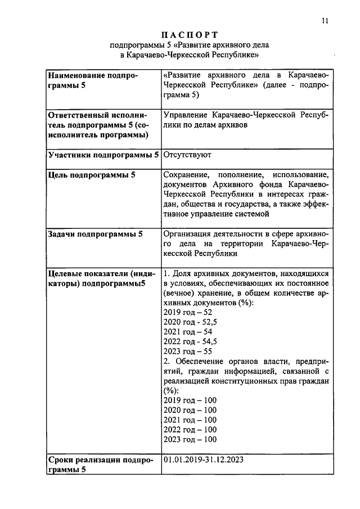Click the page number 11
[325, 21]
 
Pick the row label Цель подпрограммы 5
[91, 175]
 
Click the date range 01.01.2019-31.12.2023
[204, 460]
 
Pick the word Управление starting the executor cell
[186, 115]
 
